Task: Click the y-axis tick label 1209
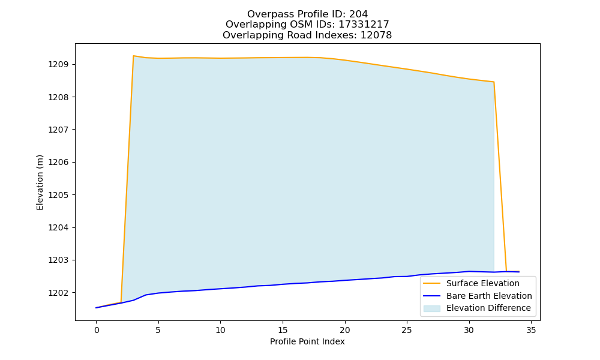[58, 64]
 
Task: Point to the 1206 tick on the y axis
[58, 162]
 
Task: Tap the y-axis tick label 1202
[58, 293]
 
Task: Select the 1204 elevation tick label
[58, 227]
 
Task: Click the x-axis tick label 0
[97, 330]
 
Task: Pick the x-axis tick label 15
[283, 330]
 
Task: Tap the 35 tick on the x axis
[531, 330]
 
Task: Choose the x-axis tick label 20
[345, 330]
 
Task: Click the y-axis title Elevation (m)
[40, 182]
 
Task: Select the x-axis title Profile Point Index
[307, 341]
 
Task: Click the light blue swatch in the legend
[431, 308]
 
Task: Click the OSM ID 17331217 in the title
[364, 25]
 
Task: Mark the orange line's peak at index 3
[133, 56]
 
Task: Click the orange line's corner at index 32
[494, 82]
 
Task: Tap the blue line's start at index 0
[97, 308]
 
